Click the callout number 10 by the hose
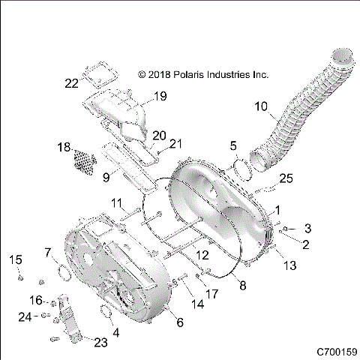(261, 106)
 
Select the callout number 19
(160, 95)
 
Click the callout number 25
(286, 178)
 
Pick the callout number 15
(16, 259)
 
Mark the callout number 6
(179, 322)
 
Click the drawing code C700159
(335, 350)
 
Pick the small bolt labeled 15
(21, 280)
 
